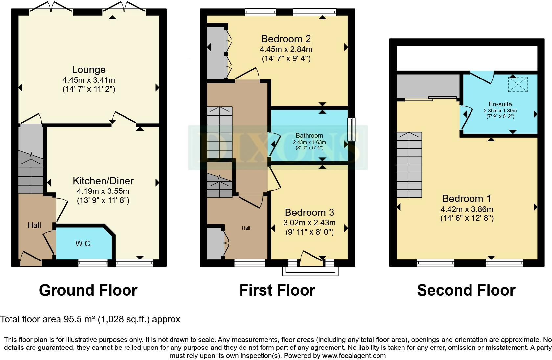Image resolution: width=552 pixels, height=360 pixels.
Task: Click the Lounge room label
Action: tap(89, 70)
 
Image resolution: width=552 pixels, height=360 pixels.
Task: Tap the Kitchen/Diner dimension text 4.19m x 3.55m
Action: tap(103, 191)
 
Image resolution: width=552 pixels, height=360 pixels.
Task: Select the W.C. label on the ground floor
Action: tap(84, 244)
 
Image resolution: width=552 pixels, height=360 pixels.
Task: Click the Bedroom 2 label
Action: tap(286, 39)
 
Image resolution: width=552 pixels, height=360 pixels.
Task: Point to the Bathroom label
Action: tap(309, 135)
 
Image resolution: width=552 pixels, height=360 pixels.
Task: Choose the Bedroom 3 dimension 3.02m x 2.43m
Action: tap(309, 223)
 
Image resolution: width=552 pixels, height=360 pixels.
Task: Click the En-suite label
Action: tap(500, 104)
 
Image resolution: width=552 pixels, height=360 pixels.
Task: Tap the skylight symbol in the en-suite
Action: tap(518, 84)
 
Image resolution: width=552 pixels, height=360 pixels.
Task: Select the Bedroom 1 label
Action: tap(467, 199)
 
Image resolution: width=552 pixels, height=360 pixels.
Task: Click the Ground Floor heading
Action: tap(88, 290)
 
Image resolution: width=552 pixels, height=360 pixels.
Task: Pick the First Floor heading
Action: tap(277, 290)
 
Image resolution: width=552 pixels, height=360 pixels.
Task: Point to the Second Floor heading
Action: tap(466, 290)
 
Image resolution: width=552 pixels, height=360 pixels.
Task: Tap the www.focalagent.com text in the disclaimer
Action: tap(354, 356)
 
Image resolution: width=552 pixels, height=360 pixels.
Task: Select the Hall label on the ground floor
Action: tap(34, 225)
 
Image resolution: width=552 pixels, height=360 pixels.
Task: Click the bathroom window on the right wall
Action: tap(352, 129)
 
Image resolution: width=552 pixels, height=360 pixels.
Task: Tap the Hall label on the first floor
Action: tap(246, 228)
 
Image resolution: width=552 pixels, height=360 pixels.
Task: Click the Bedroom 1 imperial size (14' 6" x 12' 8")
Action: tap(467, 218)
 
